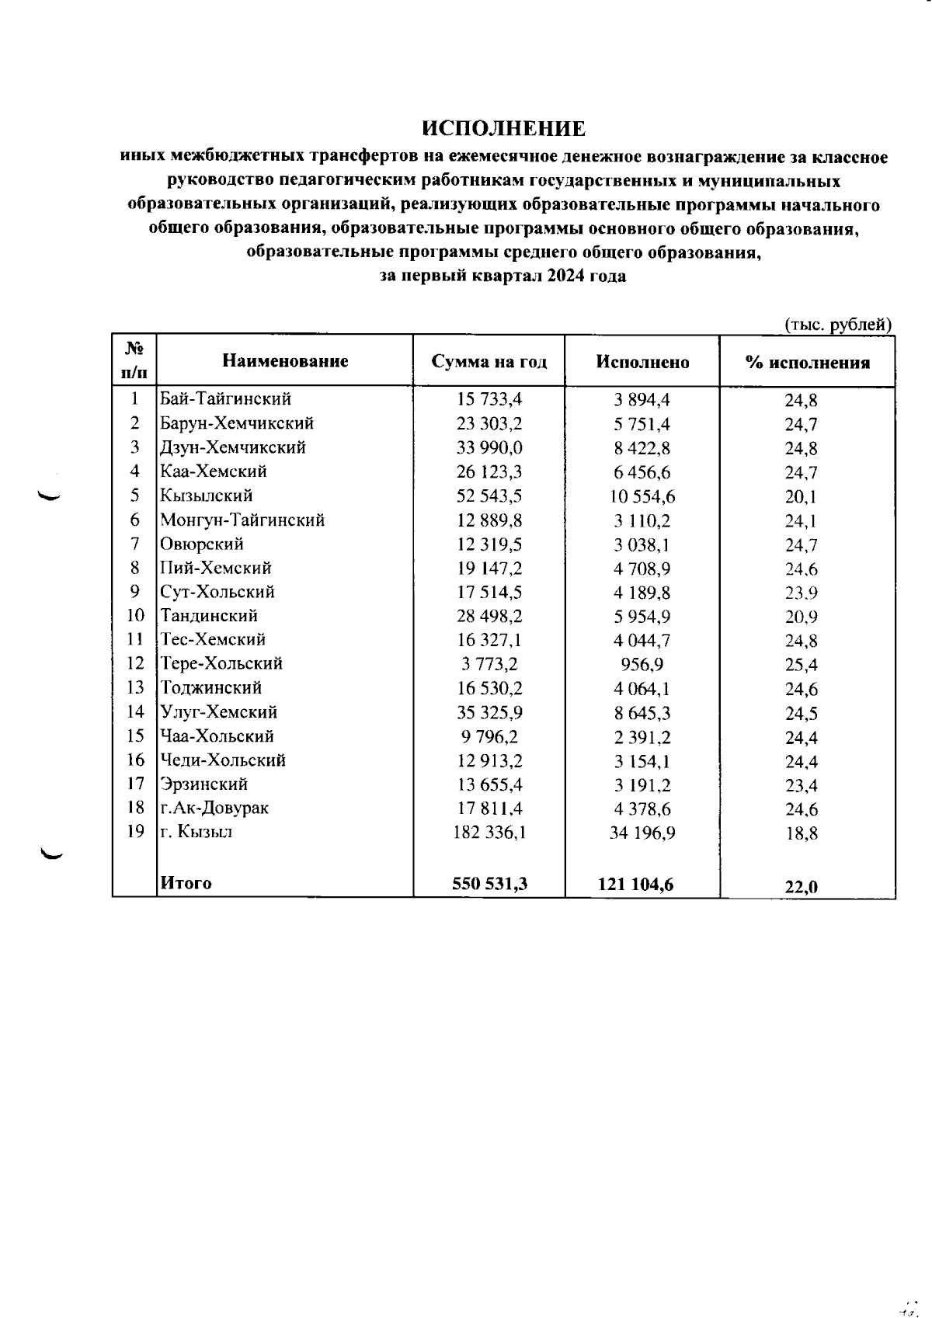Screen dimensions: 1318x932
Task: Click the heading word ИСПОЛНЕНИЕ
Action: [503, 128]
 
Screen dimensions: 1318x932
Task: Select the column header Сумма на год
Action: [489, 362]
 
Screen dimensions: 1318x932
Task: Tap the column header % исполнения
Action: [807, 363]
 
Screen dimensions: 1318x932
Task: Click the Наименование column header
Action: [285, 360]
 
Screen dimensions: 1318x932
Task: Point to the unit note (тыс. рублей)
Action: [838, 325]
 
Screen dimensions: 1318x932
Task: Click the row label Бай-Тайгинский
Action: [225, 399]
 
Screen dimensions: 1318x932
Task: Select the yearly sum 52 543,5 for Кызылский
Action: [489, 496]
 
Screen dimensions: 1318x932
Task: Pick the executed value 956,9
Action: [642, 665]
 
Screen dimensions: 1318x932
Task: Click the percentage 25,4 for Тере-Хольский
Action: [801, 666]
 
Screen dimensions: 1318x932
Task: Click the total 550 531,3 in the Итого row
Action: [489, 883]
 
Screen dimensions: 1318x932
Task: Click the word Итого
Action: [186, 883]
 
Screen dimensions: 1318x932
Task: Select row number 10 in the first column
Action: [135, 616]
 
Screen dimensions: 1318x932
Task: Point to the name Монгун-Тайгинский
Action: [242, 520]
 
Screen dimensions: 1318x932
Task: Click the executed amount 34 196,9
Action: [642, 833]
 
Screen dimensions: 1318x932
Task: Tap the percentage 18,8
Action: [801, 835]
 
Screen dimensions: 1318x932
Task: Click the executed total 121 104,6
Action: [636, 883]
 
